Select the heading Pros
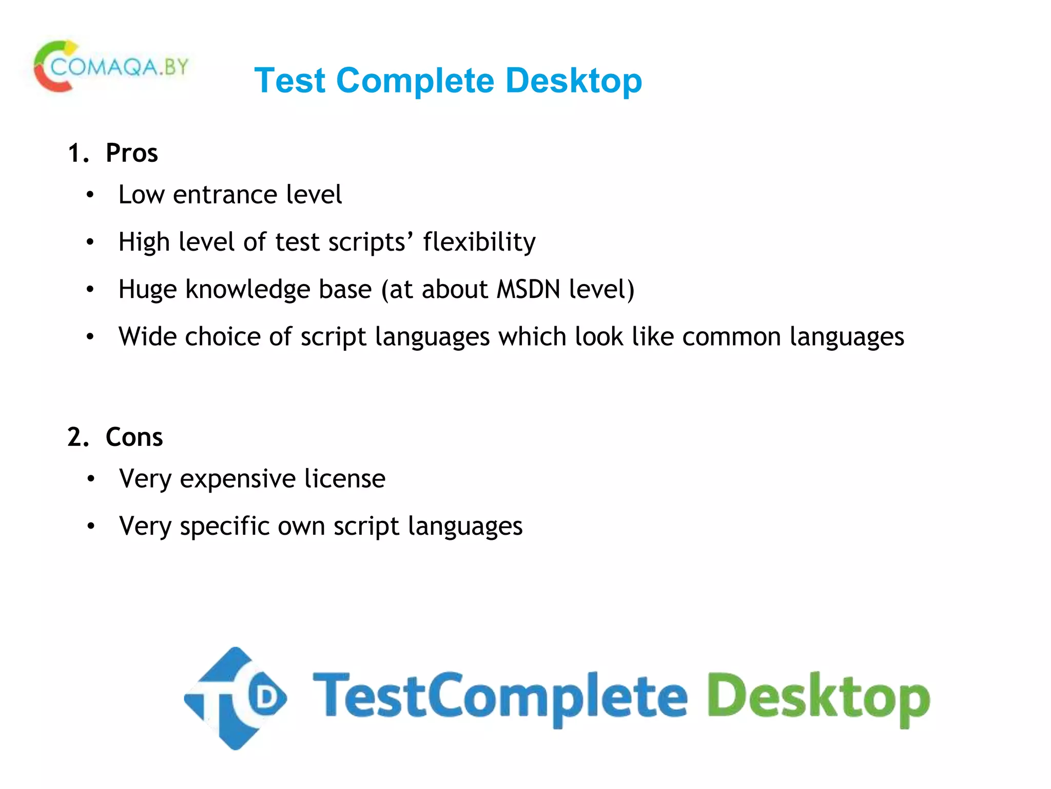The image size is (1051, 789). click(x=131, y=153)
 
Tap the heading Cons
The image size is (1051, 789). click(x=134, y=437)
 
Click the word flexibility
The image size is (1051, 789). click(x=479, y=242)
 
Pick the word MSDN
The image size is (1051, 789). click(x=528, y=289)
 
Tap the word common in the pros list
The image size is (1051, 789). click(x=731, y=337)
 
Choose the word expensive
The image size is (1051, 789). click(x=238, y=479)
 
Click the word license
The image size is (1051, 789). click(x=344, y=479)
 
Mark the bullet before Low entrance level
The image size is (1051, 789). click(x=90, y=195)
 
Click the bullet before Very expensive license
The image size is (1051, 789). click(x=91, y=479)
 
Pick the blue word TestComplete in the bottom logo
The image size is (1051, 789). click(x=500, y=698)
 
